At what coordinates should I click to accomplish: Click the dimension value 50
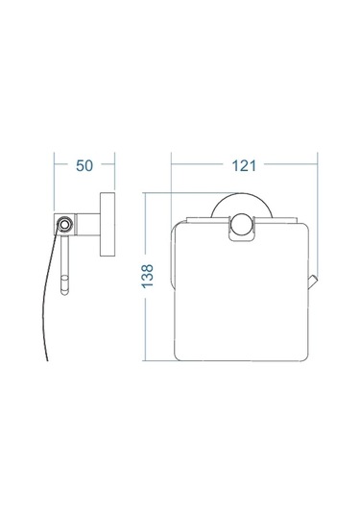(x=84, y=165)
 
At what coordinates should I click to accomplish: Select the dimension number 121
(x=244, y=165)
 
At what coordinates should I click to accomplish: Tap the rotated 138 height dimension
(x=148, y=276)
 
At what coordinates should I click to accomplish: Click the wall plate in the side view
(x=108, y=224)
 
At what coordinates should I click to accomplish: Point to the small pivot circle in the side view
(x=64, y=225)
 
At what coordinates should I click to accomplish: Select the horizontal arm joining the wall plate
(x=87, y=225)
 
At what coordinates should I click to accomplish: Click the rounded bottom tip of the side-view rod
(x=65, y=291)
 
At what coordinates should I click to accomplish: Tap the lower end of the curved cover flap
(x=47, y=359)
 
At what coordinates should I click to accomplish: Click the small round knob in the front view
(x=241, y=225)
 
